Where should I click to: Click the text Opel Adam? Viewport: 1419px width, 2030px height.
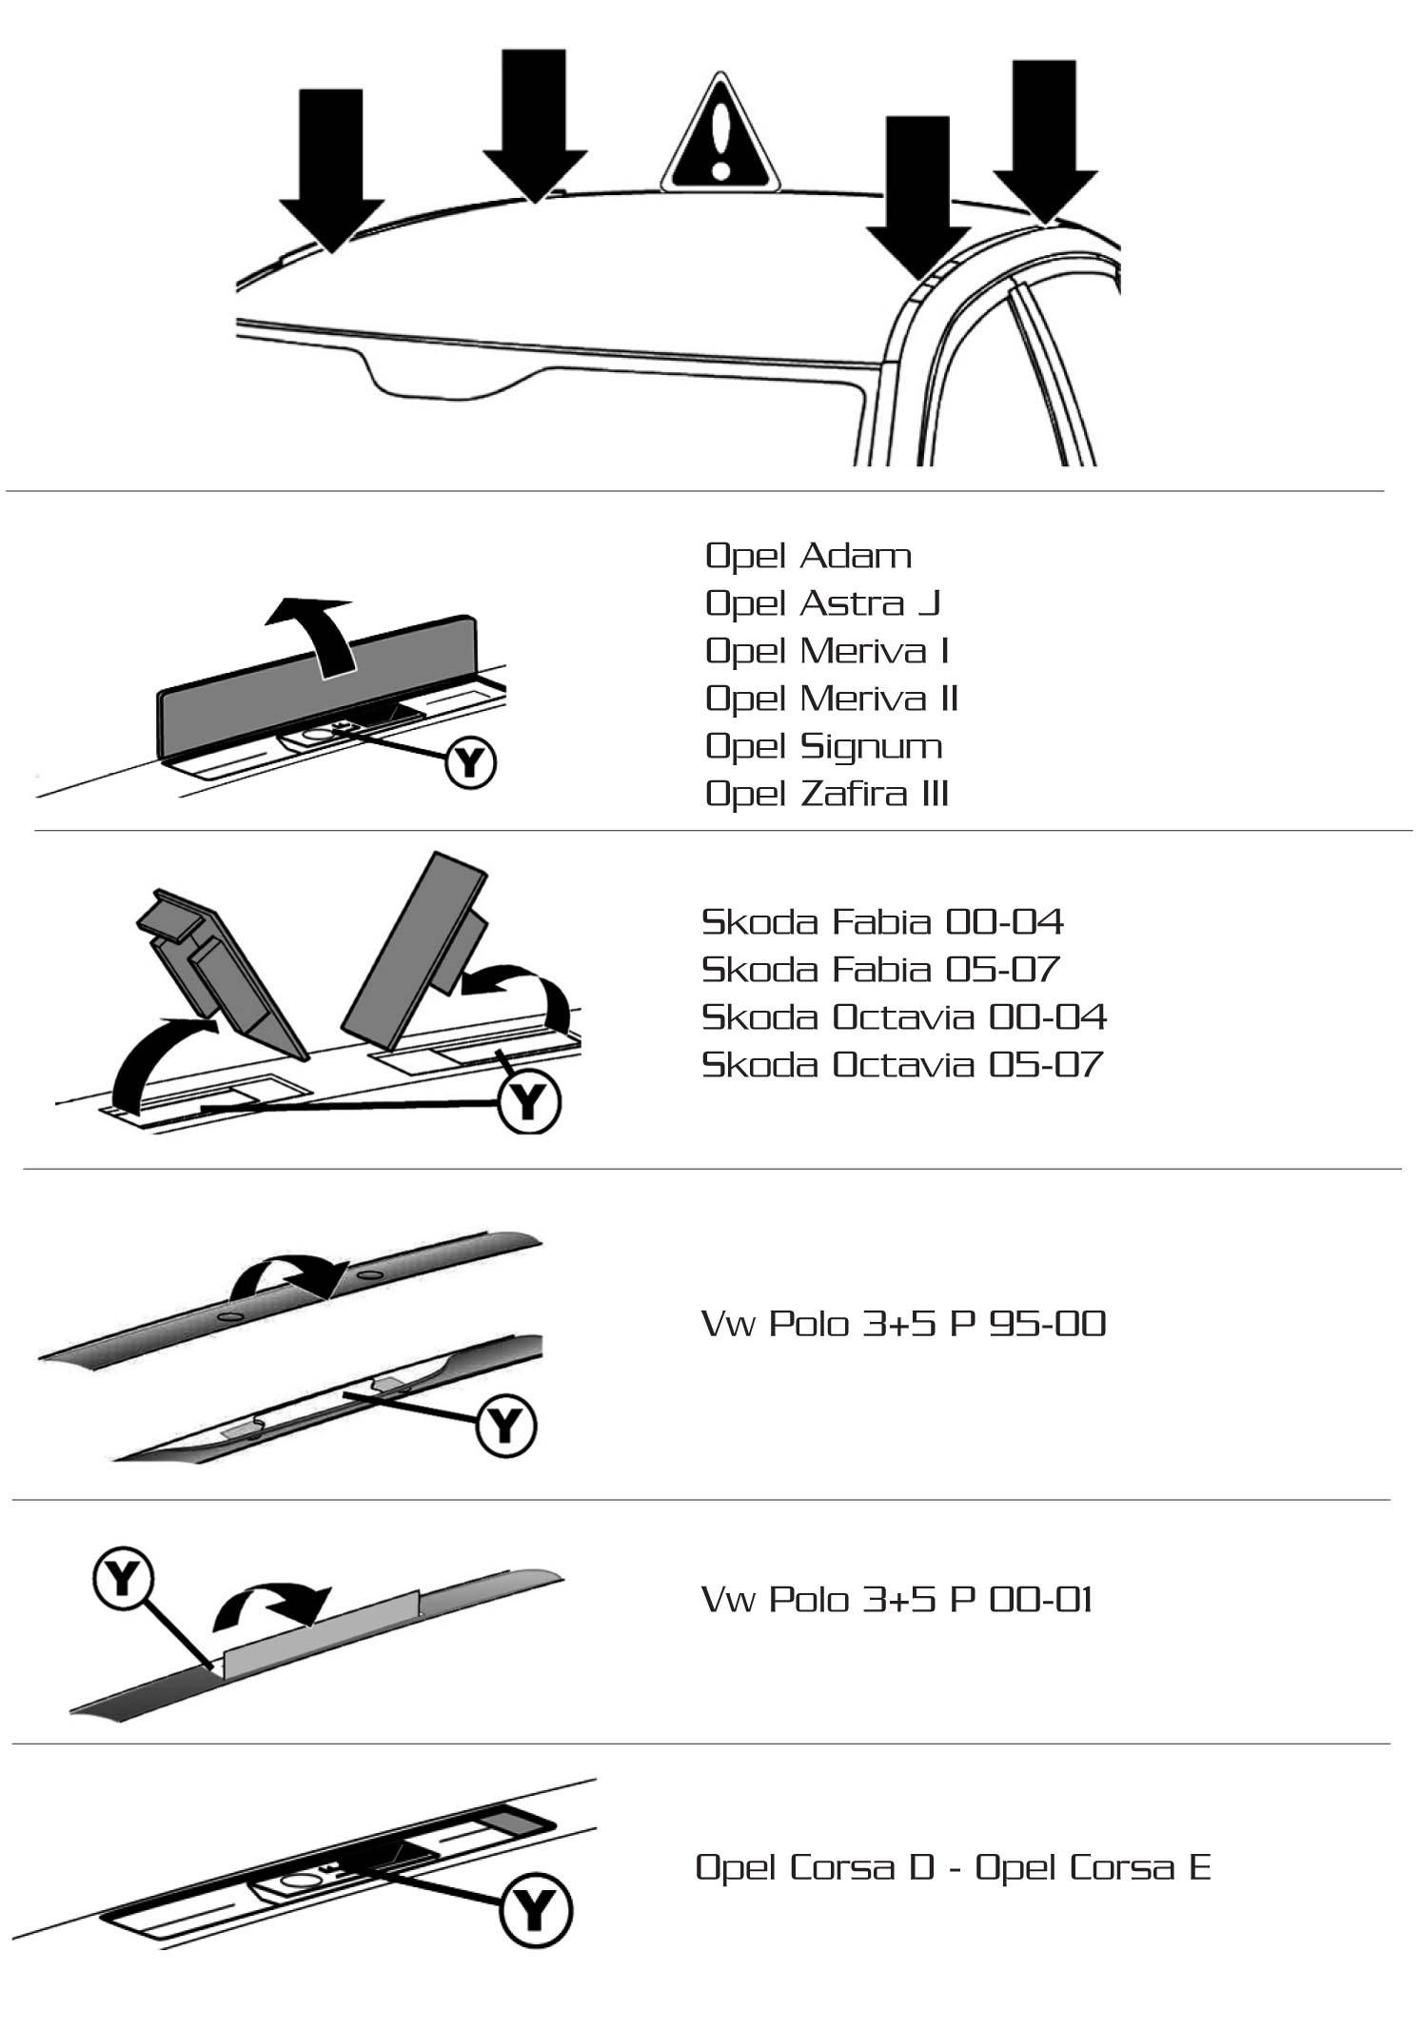coord(808,556)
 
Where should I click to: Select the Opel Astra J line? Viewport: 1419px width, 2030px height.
coord(822,603)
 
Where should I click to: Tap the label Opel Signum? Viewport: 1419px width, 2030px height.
coord(823,746)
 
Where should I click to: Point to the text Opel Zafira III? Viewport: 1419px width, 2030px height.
coord(827,794)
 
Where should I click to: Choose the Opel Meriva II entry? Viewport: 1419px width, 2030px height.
coord(831,699)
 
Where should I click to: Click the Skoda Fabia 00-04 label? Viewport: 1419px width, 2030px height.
coord(882,921)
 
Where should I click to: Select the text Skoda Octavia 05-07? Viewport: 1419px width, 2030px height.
coord(901,1064)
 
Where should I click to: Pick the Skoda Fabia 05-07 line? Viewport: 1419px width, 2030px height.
coord(880,969)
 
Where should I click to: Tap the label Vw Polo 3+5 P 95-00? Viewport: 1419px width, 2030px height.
coord(903,1324)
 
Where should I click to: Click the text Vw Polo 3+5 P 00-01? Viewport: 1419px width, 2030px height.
coord(897,1599)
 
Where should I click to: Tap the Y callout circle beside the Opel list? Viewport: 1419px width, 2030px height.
coord(471,762)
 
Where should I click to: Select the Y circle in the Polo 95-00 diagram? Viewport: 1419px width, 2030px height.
coord(505,1425)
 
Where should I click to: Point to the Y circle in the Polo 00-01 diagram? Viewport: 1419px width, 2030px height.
coord(124,1581)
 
